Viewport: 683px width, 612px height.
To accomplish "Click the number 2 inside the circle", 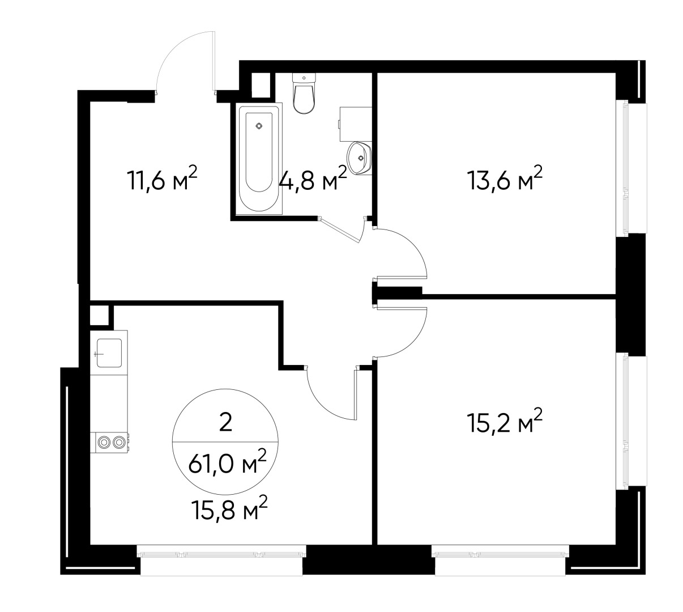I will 225,423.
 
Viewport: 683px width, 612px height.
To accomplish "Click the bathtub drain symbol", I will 259,126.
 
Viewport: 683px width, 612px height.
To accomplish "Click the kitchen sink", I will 108,353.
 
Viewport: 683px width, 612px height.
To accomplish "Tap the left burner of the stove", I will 104,442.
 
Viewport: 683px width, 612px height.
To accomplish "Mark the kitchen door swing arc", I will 320,405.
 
